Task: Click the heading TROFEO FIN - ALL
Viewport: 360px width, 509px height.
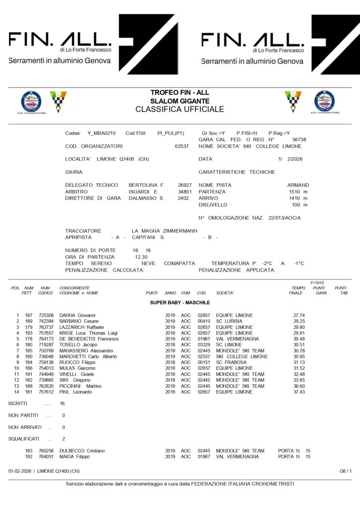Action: pos(180,92)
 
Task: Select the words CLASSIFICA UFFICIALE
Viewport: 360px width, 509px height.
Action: pos(180,109)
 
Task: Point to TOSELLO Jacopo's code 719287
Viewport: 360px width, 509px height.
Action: pos(46,344)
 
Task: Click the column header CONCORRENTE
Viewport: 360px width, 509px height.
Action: pos(75,288)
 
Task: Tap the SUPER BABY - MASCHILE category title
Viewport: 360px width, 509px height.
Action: pos(180,302)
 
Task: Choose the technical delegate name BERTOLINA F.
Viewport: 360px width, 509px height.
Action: pos(147,184)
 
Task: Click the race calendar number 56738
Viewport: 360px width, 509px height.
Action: pos(299,140)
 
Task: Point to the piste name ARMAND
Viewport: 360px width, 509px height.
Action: pos(298,185)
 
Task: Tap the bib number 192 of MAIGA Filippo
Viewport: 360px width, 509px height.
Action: pos(29,456)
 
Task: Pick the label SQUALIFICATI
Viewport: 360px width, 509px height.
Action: pos(25,439)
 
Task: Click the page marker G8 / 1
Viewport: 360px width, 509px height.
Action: pos(346,470)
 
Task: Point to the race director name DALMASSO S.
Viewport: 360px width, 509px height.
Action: pos(146,198)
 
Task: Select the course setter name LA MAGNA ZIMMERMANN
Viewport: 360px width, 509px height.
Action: pos(165,231)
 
